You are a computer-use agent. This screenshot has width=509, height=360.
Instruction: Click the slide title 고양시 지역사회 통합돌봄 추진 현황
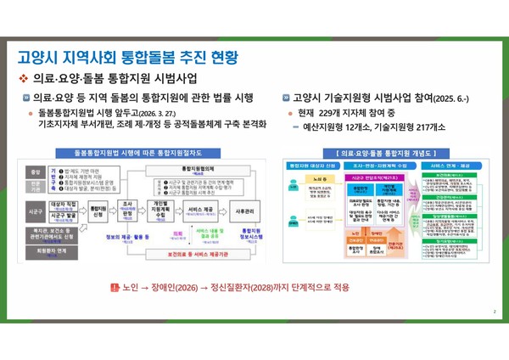127,58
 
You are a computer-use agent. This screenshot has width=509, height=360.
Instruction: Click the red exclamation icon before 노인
115,288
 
